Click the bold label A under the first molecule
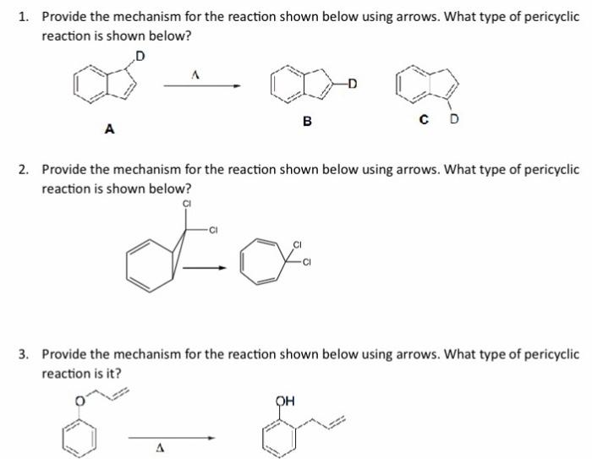(x=108, y=128)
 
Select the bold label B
(x=307, y=121)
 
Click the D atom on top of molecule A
(x=140, y=56)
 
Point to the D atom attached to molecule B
(x=352, y=83)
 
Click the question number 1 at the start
(x=24, y=16)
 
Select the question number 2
(x=24, y=169)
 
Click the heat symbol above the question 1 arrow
(x=195, y=74)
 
